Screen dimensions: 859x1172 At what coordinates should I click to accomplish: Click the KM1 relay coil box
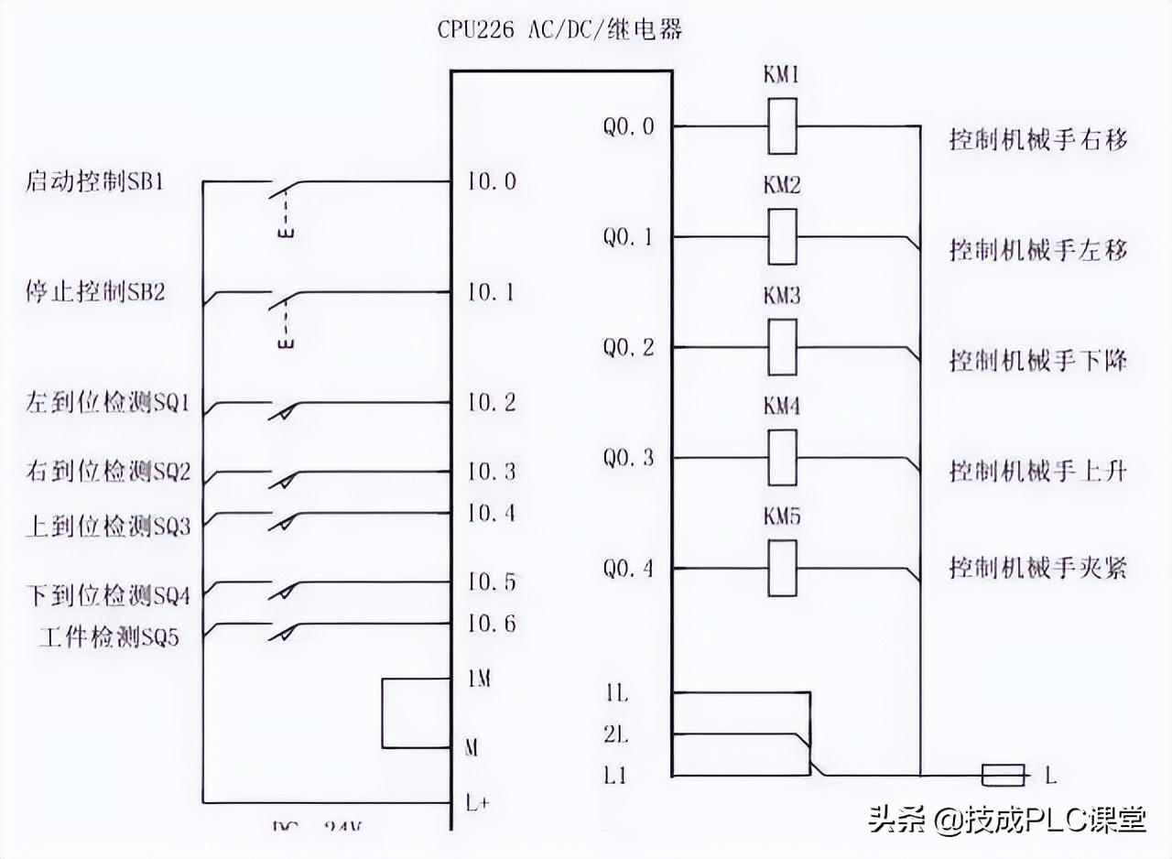(x=782, y=125)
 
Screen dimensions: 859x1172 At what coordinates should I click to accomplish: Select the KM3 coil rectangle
(x=782, y=347)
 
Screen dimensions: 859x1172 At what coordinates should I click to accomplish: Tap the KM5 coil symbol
(x=782, y=569)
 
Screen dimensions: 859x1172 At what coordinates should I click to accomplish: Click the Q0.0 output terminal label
(x=628, y=126)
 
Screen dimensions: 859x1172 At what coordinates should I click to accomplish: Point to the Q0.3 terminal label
(x=628, y=458)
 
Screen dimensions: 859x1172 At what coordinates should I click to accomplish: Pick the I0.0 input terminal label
(x=492, y=181)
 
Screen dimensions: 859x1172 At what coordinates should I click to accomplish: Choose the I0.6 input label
(x=492, y=624)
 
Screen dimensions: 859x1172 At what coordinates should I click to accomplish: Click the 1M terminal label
(x=479, y=680)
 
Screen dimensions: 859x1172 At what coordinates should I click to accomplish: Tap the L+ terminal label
(x=479, y=803)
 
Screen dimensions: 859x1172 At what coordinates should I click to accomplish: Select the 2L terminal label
(x=616, y=734)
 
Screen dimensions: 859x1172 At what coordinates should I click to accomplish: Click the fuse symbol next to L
(x=1003, y=776)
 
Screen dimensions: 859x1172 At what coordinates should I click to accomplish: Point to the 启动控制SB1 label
(x=94, y=180)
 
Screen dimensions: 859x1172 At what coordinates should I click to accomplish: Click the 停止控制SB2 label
(x=94, y=292)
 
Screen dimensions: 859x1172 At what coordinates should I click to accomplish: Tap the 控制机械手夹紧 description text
(x=1037, y=569)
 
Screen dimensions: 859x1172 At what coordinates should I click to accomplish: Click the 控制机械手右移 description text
(x=1037, y=140)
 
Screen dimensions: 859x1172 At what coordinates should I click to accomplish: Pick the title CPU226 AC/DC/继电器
(x=559, y=30)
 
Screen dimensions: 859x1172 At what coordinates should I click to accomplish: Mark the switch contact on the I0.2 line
(x=284, y=408)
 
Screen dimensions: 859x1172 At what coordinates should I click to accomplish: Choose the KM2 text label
(x=782, y=186)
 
